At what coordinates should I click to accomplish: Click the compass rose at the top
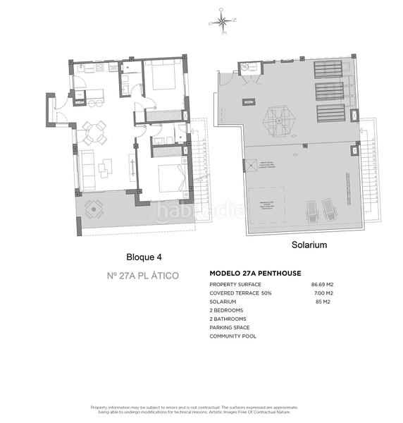point(223,23)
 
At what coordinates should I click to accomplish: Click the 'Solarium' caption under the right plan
point(309,245)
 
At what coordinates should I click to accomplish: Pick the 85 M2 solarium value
point(323,302)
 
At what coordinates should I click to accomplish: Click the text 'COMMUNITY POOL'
point(232,336)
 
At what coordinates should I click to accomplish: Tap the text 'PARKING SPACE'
point(230,328)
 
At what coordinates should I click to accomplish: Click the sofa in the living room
point(86,165)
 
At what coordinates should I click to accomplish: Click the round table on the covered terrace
point(94,209)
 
